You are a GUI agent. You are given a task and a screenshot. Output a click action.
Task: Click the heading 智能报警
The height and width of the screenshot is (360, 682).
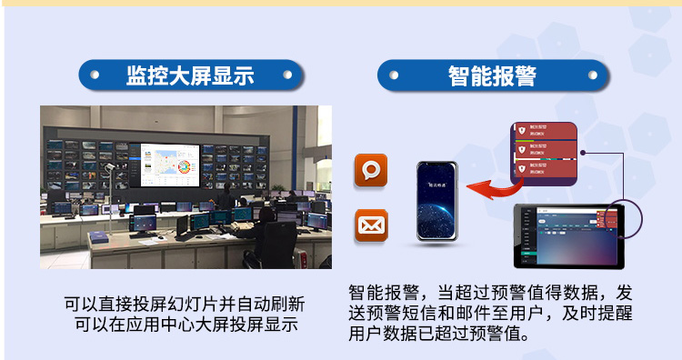[x=492, y=75]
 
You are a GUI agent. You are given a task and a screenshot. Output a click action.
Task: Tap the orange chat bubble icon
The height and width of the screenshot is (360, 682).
[x=371, y=171]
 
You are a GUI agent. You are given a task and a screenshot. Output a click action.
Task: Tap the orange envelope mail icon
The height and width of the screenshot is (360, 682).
[x=371, y=224]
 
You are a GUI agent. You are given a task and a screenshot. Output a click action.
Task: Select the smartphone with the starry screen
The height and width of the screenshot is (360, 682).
[x=437, y=201]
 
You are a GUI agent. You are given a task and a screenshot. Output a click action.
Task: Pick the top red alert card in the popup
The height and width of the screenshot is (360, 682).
[x=542, y=131]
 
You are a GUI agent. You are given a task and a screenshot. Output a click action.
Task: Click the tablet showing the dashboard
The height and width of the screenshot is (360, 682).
[x=569, y=235]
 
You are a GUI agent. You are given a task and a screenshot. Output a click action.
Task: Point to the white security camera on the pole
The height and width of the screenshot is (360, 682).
[x=109, y=167]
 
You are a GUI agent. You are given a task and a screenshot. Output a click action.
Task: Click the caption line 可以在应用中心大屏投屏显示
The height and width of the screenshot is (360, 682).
[x=185, y=325]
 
